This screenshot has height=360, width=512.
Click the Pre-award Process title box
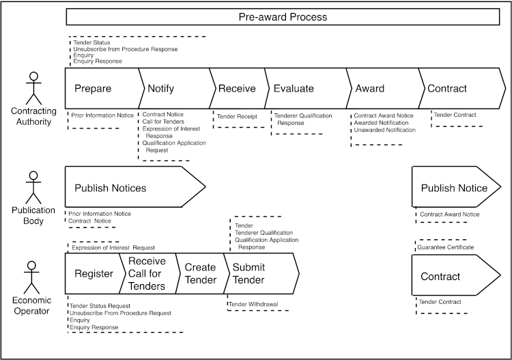(282, 17)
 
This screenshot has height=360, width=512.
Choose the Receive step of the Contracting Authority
(237, 88)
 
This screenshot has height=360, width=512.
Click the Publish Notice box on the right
(454, 187)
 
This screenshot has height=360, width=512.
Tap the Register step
(94, 274)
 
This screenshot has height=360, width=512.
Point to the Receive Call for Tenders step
(147, 274)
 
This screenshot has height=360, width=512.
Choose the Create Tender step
(200, 274)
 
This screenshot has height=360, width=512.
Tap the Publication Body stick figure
(31, 188)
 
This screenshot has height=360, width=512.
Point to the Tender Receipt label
(237, 117)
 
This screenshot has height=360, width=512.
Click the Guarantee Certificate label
(446, 247)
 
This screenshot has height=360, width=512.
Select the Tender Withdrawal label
(253, 304)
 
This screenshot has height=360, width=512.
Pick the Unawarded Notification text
(384, 130)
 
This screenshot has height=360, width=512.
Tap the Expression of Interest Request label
(113, 247)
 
